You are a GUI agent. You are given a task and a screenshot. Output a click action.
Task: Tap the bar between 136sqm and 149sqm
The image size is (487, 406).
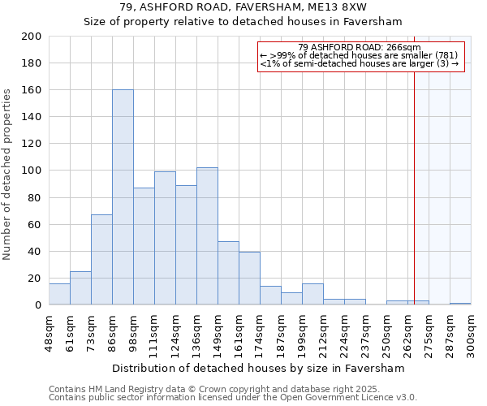(x=207, y=235)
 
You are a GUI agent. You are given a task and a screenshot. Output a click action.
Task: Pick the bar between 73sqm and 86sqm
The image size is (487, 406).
(x=101, y=260)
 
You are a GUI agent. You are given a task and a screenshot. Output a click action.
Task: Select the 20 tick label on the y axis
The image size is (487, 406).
(x=34, y=278)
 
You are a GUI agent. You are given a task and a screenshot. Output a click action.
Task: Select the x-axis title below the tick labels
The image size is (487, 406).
(x=259, y=368)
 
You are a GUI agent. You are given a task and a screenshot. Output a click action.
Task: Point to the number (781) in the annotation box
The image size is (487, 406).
(x=442, y=55)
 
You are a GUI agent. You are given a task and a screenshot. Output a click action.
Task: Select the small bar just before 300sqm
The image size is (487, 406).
(x=460, y=304)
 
